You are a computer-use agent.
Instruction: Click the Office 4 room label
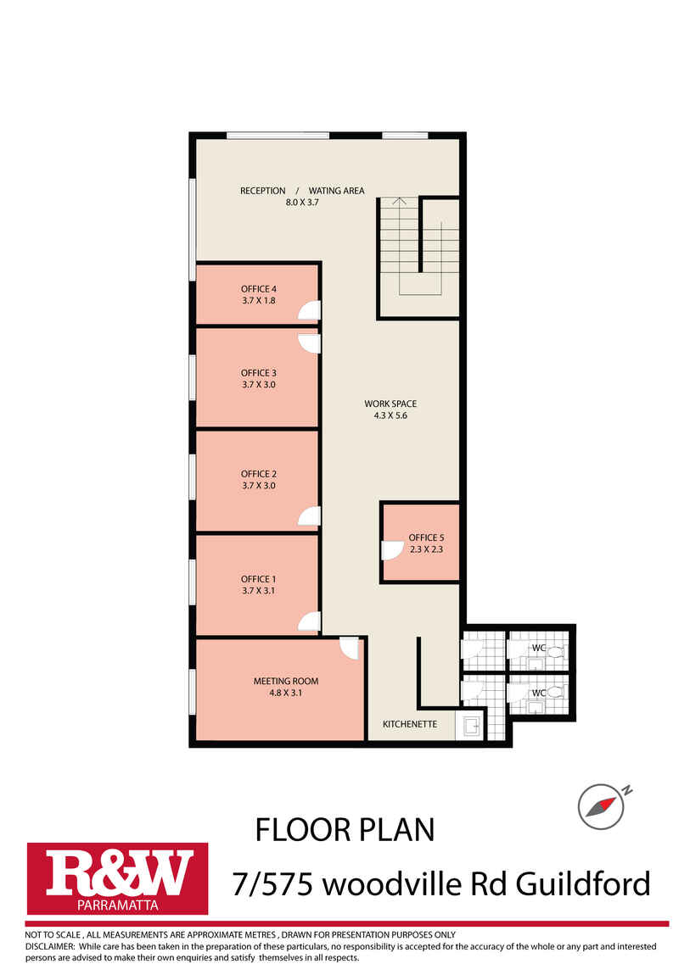click(259, 289)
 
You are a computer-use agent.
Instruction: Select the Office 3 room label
click(259, 373)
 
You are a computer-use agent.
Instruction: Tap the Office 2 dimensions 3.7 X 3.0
click(259, 486)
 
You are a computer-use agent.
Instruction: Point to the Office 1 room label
click(259, 579)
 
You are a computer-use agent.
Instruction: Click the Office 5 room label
click(426, 538)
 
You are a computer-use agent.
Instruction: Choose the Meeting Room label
click(286, 682)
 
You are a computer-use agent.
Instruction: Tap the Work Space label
click(390, 404)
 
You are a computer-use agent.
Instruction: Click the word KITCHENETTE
click(410, 724)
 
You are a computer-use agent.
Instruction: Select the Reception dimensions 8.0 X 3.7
click(302, 202)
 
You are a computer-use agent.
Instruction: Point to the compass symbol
click(601, 806)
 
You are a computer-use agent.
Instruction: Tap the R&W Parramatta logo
click(118, 878)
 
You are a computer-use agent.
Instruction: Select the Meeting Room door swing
click(349, 648)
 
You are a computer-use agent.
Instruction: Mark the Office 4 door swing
click(309, 310)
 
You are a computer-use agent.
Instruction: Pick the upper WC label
click(539, 649)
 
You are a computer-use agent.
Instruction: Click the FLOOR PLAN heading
click(345, 830)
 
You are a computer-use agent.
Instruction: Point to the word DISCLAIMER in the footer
click(50, 946)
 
